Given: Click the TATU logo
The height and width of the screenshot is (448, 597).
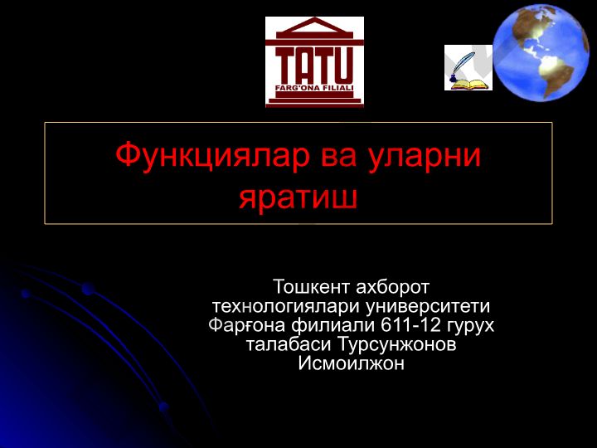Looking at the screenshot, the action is (x=314, y=61).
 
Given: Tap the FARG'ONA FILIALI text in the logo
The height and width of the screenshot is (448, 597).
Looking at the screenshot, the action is (x=314, y=88).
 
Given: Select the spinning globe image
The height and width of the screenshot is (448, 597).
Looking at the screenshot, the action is (x=541, y=53).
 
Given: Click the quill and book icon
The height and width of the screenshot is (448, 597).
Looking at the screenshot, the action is (x=468, y=67).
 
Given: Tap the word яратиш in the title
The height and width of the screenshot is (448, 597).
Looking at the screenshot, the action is (x=298, y=198).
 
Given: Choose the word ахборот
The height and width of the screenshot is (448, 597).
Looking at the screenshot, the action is (x=392, y=286).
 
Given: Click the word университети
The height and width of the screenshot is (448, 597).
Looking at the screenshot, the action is (x=428, y=307).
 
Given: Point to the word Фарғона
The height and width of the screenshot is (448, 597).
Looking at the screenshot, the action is (x=247, y=325).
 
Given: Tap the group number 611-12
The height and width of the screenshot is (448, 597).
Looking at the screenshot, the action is (x=410, y=325).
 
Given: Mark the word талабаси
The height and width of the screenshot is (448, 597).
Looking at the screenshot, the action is (x=289, y=344).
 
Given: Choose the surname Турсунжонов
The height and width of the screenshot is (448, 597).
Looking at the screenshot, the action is (x=396, y=344).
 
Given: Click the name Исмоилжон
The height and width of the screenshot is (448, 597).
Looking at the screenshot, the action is (x=351, y=363).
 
